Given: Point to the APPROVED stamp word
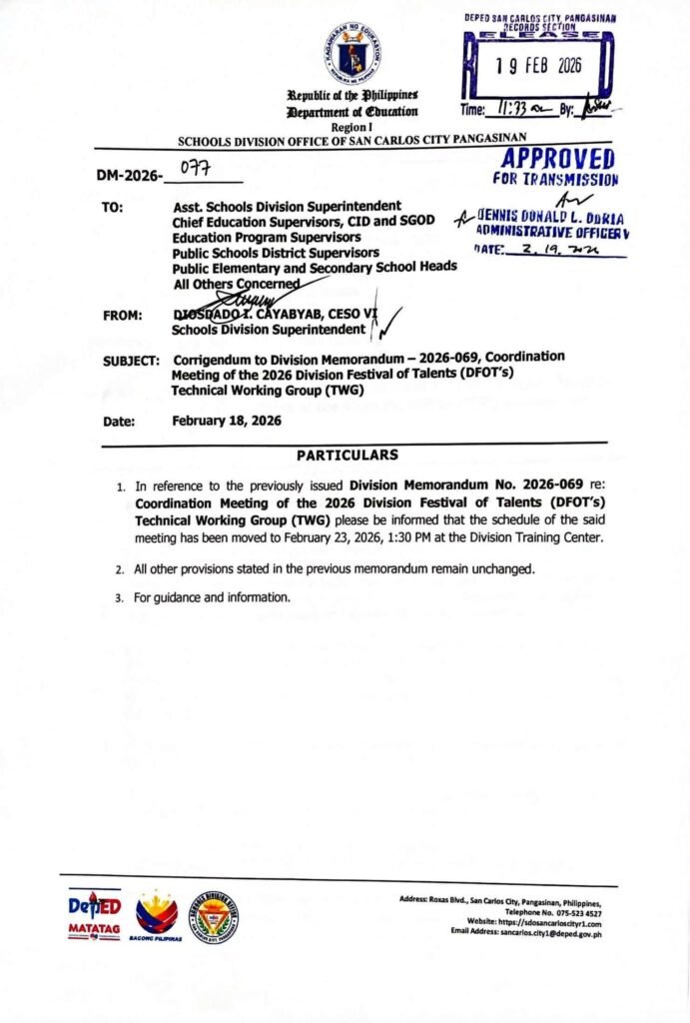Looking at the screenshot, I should pyautogui.click(x=560, y=159).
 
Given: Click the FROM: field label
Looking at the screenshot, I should pyautogui.click(x=123, y=316).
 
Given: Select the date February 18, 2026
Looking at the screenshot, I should pyautogui.click(x=227, y=421).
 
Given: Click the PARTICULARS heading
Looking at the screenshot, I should pyautogui.click(x=347, y=456).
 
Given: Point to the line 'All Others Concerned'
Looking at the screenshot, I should pyautogui.click(x=236, y=283).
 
